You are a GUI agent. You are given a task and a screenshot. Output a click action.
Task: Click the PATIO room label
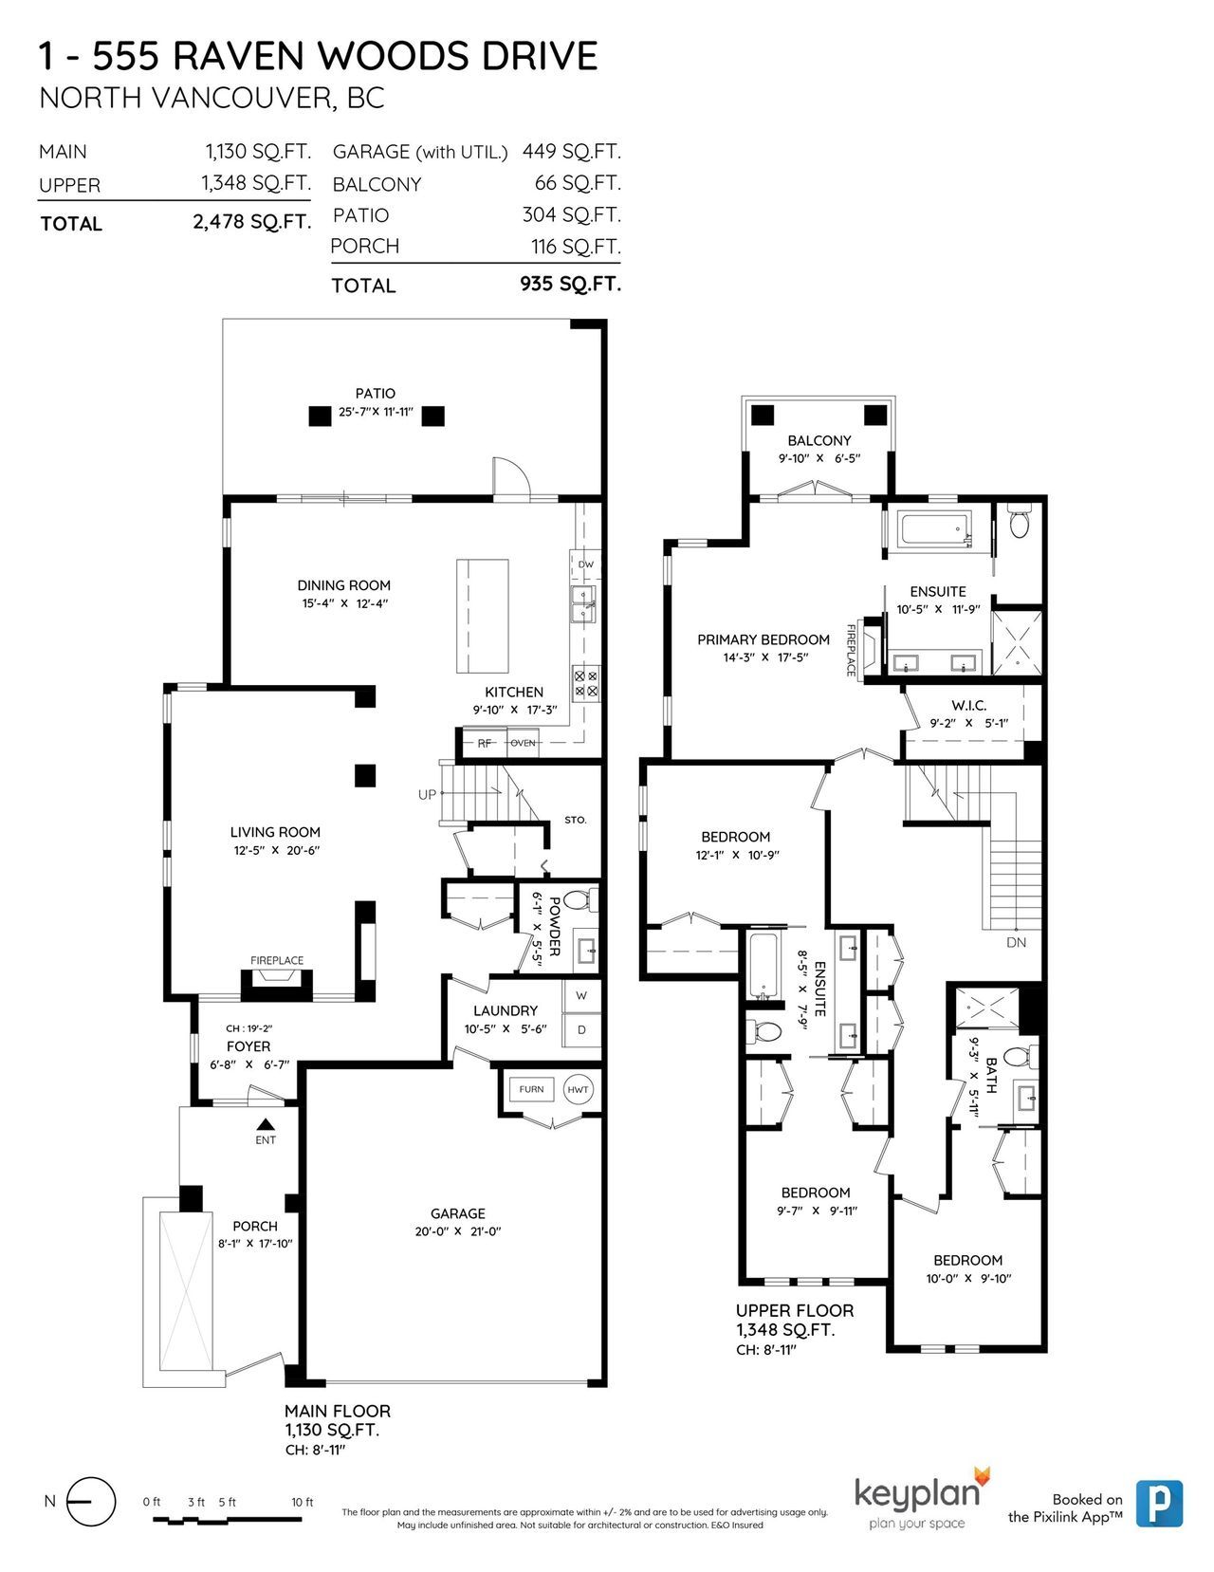(x=375, y=394)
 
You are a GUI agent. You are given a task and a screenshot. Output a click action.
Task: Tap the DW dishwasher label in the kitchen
(x=586, y=564)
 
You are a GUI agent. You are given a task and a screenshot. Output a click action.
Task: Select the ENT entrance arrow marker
(x=266, y=1124)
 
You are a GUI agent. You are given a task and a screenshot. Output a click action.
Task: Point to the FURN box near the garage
(x=531, y=1089)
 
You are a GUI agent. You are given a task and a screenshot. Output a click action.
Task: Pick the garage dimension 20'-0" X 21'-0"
(x=458, y=1231)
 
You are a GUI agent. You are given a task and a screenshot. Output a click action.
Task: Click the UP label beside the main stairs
(x=427, y=794)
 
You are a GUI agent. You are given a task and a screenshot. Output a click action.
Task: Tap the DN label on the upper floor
(x=1016, y=942)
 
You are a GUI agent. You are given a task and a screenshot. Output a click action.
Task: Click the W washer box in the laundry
(x=581, y=995)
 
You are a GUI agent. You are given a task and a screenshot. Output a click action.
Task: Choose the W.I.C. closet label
(x=969, y=705)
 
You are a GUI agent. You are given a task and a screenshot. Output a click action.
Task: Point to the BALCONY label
(x=819, y=440)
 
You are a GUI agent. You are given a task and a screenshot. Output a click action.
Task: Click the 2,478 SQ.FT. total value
(x=252, y=221)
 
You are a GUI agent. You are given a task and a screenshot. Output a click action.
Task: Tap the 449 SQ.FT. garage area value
(x=571, y=152)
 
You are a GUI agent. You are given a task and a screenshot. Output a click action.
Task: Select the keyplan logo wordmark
(x=917, y=1493)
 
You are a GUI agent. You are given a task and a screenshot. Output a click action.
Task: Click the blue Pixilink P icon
(x=1159, y=1504)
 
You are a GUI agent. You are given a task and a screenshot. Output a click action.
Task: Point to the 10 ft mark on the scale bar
(x=303, y=1503)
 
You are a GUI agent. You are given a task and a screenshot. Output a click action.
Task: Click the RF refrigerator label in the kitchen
(x=485, y=743)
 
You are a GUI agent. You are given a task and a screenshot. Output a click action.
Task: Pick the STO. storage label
(x=576, y=820)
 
